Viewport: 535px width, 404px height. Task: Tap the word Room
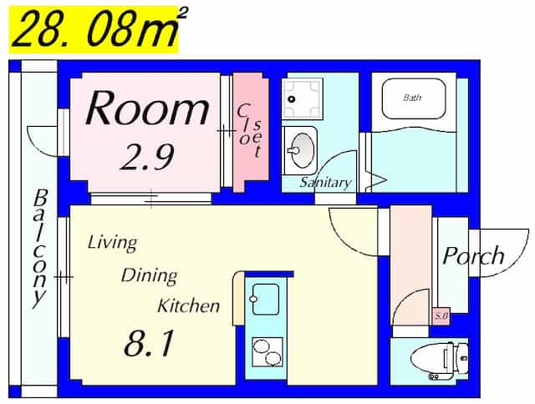pos(147,109)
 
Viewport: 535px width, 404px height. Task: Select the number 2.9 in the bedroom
pos(147,157)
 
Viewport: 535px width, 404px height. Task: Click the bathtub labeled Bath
pos(414,98)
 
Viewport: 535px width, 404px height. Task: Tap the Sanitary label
pos(325,183)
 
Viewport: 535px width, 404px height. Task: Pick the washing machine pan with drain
pos(303,98)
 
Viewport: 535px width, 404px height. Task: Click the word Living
pos(113,243)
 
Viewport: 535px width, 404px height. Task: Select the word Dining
pos(150,276)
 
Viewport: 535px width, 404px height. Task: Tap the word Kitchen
pos(188,306)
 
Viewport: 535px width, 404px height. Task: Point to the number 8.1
pos(149,343)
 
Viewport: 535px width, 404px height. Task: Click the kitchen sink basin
pos(265,299)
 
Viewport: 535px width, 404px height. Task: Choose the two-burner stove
pos(267,352)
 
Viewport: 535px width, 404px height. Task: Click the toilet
pos(440,361)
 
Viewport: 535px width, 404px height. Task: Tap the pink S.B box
pos(441,316)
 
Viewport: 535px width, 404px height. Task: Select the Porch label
pos(473,255)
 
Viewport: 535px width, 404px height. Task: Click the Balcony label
pos(40,249)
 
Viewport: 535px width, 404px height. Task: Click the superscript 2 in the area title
pos(183,14)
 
